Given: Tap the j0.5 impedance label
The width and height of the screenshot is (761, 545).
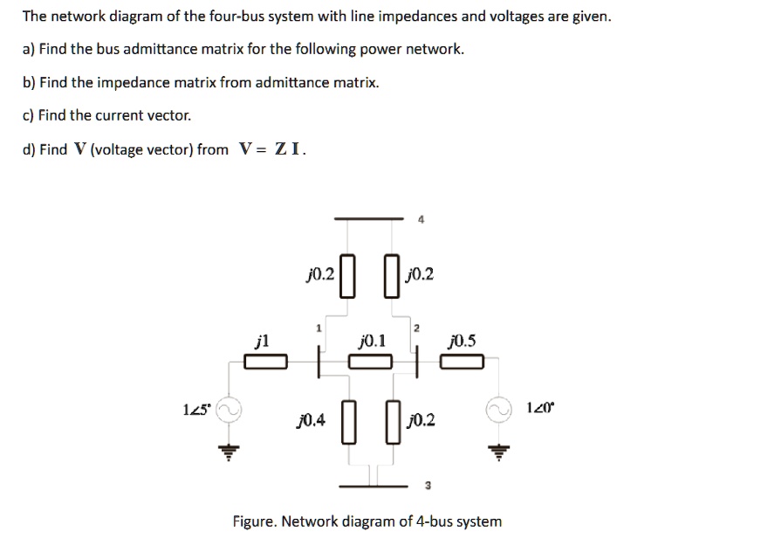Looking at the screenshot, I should coord(460,341).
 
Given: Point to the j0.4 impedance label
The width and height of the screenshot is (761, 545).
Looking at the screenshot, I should coord(312,421).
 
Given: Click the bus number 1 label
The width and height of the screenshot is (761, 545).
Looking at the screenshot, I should coord(319,328).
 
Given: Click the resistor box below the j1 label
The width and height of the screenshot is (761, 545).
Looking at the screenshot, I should coord(266,362).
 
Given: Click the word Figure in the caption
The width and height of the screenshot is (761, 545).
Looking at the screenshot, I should coord(255,521).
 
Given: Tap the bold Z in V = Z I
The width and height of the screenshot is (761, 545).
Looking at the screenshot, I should coord(281,149).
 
